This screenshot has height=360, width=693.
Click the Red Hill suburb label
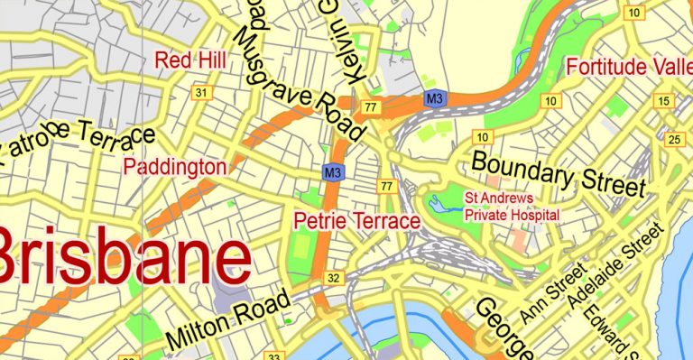pyautogui.click(x=190, y=60)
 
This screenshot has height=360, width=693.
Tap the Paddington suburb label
pyautogui.click(x=175, y=167)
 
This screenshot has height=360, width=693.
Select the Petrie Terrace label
pyautogui.click(x=357, y=221)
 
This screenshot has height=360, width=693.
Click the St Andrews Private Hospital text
pyautogui.click(x=512, y=206)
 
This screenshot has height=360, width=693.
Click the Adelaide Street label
pyautogui.click(x=611, y=270)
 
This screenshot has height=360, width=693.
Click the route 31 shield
pyautogui.click(x=201, y=93)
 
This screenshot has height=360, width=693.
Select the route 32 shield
pyautogui.click(x=334, y=277)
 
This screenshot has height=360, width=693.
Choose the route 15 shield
pyautogui.click(x=665, y=100)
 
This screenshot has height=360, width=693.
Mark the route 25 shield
pyautogui.click(x=674, y=139)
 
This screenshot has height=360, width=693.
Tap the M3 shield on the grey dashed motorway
pyautogui.click(x=435, y=97)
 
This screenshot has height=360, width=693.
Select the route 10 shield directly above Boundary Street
pyautogui.click(x=484, y=136)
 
